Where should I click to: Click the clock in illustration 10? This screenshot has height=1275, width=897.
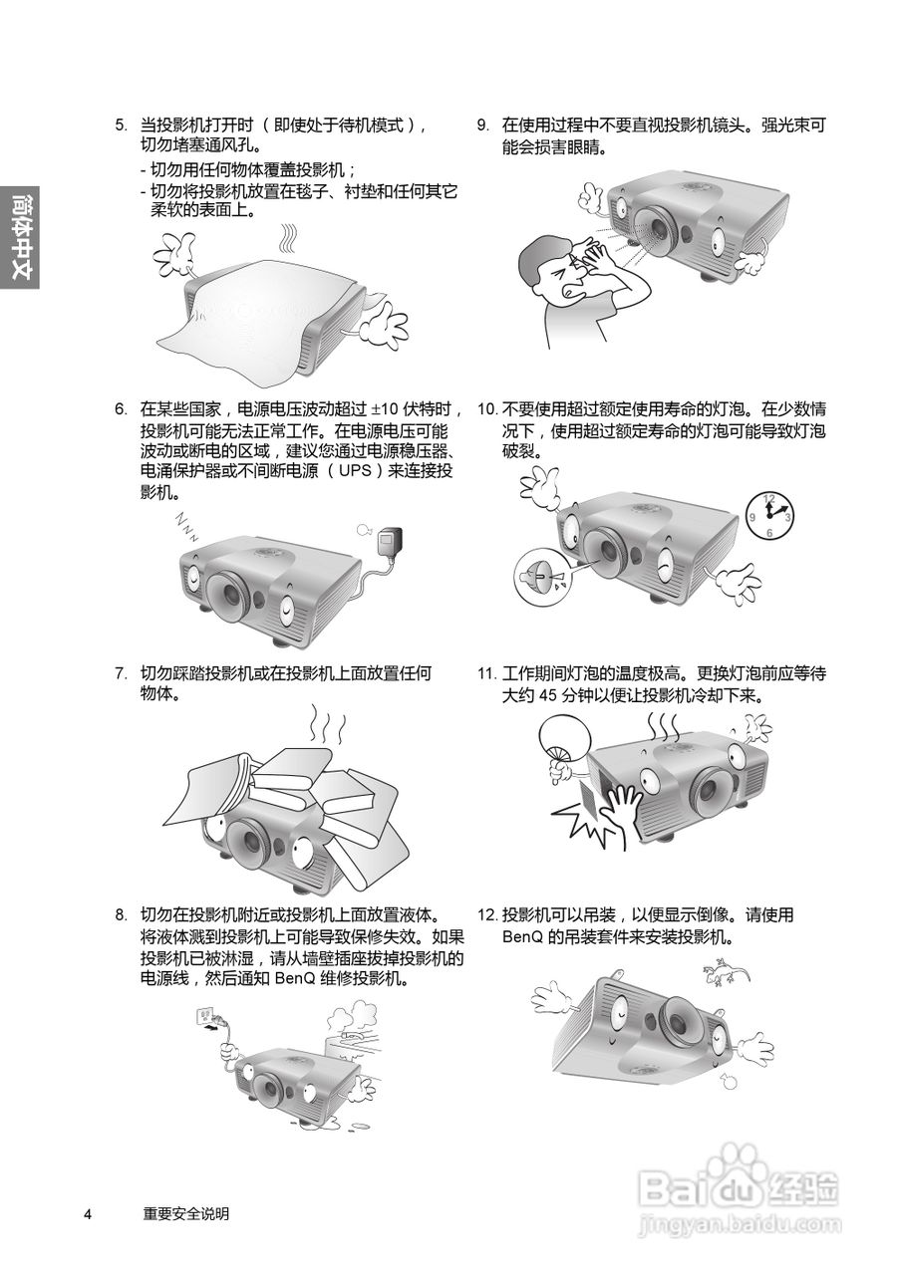click(768, 515)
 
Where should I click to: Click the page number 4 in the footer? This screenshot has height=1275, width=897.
click(88, 1213)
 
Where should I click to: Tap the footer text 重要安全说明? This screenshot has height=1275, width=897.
click(186, 1213)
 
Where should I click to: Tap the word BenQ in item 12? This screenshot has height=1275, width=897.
click(522, 937)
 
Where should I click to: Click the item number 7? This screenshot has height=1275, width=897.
click(120, 673)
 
